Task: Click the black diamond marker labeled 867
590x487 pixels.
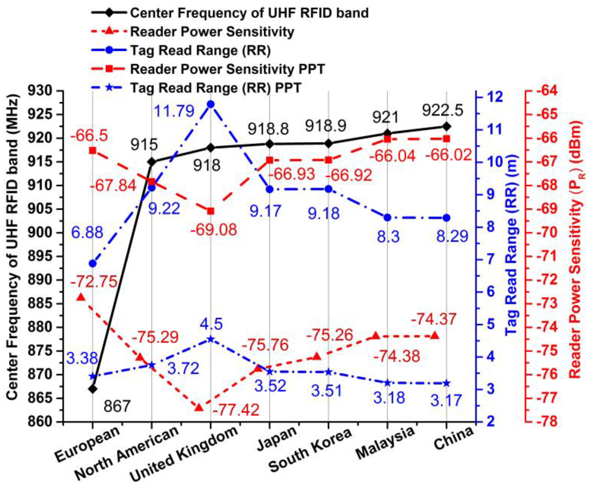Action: point(92,389)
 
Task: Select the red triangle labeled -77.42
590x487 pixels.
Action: point(199,407)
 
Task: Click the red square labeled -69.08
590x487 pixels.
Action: point(211,211)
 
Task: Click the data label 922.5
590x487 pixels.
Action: point(442,111)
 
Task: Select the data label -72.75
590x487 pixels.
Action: point(93,281)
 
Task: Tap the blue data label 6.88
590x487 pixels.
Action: point(87,232)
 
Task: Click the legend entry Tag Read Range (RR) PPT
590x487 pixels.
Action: point(216,88)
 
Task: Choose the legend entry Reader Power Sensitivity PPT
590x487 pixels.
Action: point(227,69)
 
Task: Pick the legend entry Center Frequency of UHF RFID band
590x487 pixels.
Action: point(249,13)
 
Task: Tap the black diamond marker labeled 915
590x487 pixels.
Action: point(152,162)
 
